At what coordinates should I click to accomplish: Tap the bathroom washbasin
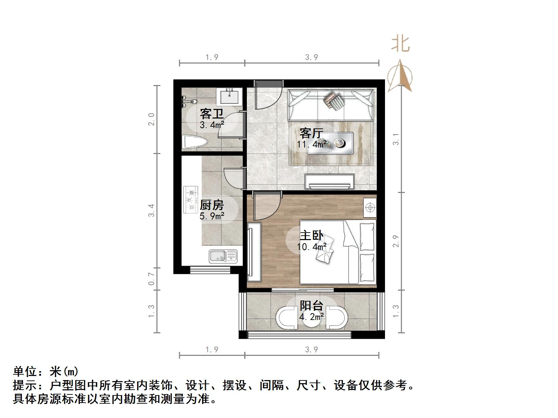pyautogui.click(x=229, y=97)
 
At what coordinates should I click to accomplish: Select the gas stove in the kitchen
pyautogui.click(x=191, y=199)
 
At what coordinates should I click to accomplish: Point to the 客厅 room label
pyautogui.click(x=311, y=133)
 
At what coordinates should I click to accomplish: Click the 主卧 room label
pyautogui.click(x=311, y=236)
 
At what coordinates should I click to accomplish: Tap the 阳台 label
pyautogui.click(x=311, y=306)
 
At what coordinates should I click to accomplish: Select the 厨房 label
pyautogui.click(x=212, y=205)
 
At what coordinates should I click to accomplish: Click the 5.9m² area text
pyautogui.click(x=212, y=216)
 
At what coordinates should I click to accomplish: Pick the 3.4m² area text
pyautogui.click(x=212, y=125)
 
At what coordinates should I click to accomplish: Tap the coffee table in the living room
pyautogui.click(x=330, y=143)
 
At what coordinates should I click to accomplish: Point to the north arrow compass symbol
pyautogui.click(x=400, y=77)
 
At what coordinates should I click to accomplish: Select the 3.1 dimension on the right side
pyautogui.click(x=396, y=139)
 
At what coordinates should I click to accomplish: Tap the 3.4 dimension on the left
pyautogui.click(x=152, y=210)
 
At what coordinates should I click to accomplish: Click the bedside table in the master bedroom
pyautogui.click(x=370, y=207)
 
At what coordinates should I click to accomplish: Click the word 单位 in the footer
pyautogui.click(x=25, y=371)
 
